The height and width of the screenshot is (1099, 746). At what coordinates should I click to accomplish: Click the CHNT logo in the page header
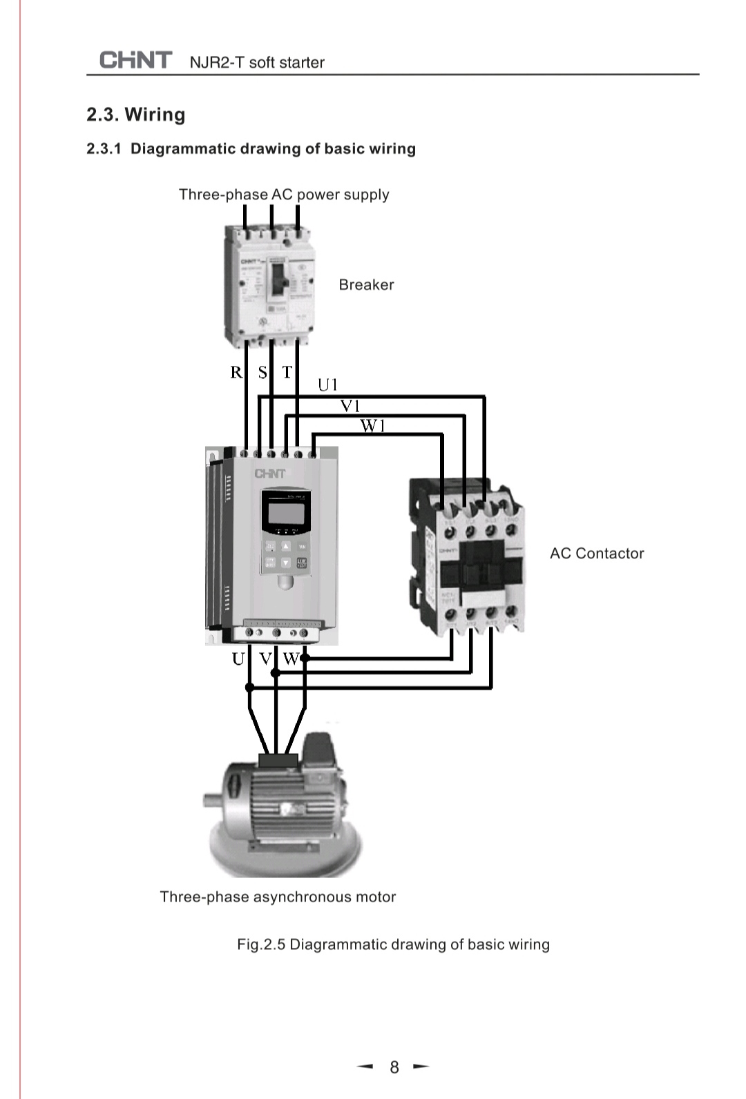coord(135,60)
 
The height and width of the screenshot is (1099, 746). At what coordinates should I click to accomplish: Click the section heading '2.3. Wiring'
coord(136,115)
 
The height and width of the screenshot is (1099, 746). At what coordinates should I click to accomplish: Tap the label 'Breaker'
coord(366,284)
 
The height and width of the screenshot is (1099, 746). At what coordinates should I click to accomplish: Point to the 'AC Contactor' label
coord(597,553)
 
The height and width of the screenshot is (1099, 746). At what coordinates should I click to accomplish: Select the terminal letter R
coord(236,373)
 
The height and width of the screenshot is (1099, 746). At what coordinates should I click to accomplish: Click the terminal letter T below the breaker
coord(287,373)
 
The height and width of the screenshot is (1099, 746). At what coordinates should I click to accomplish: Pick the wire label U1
coord(327,385)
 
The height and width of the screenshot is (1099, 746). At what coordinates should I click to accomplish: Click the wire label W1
coord(372,426)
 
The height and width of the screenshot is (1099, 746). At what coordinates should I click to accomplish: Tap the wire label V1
coord(350,406)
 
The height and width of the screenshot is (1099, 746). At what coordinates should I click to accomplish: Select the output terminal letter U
coord(238,659)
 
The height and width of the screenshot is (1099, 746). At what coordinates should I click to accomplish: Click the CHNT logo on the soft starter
coord(269,474)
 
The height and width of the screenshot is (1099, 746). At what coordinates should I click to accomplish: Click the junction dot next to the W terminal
coord(305,659)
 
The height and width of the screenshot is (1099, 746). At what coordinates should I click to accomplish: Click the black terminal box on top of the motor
coord(278,761)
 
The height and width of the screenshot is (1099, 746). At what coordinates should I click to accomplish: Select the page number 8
coord(394,1067)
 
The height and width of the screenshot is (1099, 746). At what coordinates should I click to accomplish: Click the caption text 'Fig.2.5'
coord(260,944)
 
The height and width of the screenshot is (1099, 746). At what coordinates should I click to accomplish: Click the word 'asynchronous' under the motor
coord(302,897)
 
